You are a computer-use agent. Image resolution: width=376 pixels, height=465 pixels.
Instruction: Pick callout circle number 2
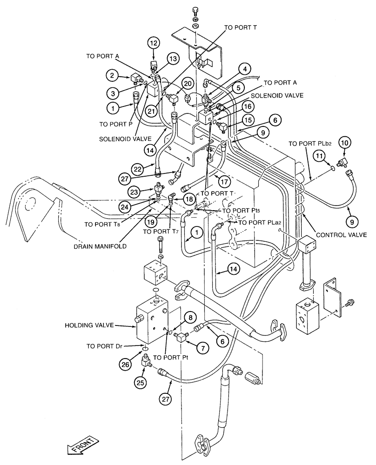111,74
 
